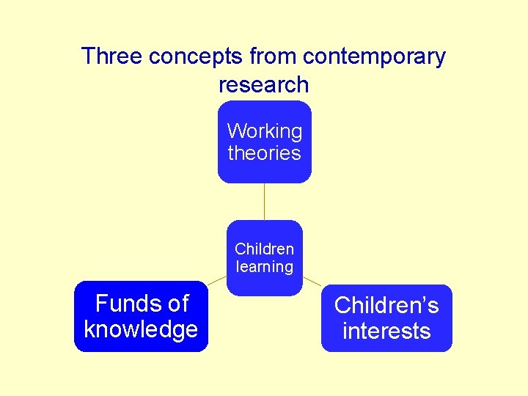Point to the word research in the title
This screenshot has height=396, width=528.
pos(264,84)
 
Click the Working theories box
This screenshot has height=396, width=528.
pos(264,142)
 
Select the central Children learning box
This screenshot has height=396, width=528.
pos(264,257)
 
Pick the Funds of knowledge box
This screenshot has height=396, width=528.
pos(141,316)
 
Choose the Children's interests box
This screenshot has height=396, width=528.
pos(386,318)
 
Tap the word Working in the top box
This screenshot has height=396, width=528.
pos(264,131)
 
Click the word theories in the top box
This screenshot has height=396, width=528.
pos(264,153)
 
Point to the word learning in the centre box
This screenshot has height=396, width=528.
pos(264,267)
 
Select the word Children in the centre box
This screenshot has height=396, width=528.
pos(264,249)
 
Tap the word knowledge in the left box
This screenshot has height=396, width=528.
pos(141,329)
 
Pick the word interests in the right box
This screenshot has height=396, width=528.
pos(386,331)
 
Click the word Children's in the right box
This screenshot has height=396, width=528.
pos(386,305)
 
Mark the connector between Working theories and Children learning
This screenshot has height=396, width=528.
pos(264,201)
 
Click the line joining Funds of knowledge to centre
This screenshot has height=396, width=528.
pos(216,280)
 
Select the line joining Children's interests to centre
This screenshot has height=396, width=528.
pos(312,281)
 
